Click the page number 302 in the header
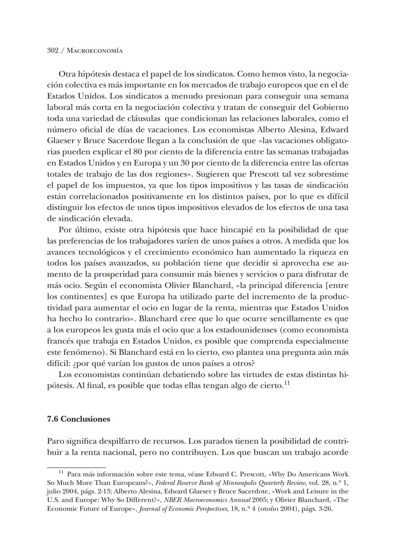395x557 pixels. [x=53, y=51]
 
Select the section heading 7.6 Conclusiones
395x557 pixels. [x=79, y=419]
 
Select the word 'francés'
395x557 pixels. [x=60, y=341]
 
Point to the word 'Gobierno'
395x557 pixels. [x=331, y=108]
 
